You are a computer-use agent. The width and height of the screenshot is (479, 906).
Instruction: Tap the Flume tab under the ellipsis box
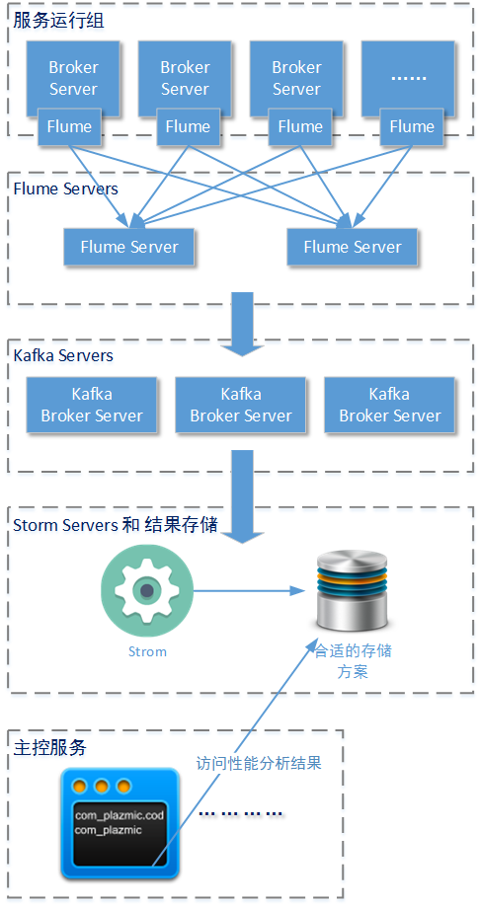[x=411, y=126]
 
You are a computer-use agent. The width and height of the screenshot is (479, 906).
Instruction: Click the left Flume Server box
[x=129, y=247]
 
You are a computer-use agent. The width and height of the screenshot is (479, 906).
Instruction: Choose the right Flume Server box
[x=353, y=247]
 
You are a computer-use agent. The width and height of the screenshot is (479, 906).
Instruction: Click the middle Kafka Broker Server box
[x=241, y=405]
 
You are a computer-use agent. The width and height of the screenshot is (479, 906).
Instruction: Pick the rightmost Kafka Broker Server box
[x=389, y=405]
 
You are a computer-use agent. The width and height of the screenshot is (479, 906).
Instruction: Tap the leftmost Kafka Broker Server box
[x=92, y=405]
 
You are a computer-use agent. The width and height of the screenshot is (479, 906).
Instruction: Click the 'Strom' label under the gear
[x=147, y=651]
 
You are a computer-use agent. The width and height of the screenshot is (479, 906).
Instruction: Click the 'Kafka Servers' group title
[x=63, y=355]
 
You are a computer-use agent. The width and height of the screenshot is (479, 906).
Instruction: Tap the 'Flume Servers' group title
[x=65, y=189]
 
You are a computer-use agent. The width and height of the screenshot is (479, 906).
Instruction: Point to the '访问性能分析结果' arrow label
[x=259, y=763]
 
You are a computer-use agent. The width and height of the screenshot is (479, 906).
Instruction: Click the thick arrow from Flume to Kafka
[x=241, y=322]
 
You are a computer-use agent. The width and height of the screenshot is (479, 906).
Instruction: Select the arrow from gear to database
[x=247, y=591]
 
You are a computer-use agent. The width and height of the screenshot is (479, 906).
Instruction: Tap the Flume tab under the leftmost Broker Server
[x=70, y=126]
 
